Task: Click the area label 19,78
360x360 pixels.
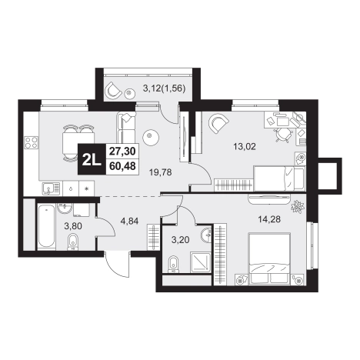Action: [161, 172]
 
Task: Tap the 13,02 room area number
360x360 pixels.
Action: [245, 147]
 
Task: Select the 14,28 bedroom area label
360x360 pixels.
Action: [269, 219]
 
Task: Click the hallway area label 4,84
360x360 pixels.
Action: [130, 221]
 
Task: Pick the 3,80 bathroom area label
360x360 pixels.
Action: [73, 226]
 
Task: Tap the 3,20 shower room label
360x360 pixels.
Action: [181, 240]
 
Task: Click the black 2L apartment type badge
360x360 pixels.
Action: [92, 159]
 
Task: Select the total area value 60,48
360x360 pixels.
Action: [122, 166]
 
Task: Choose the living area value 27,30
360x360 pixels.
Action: [122, 152]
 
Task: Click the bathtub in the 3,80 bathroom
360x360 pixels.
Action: [46, 226]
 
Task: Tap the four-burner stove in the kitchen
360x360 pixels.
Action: [32, 142]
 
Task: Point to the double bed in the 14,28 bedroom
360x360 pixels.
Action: [269, 258]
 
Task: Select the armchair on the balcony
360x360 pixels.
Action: [114, 90]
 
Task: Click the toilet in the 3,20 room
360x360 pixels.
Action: [174, 264]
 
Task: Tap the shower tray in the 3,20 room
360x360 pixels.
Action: [201, 262]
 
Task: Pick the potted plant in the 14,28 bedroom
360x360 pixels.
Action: [298, 207]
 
